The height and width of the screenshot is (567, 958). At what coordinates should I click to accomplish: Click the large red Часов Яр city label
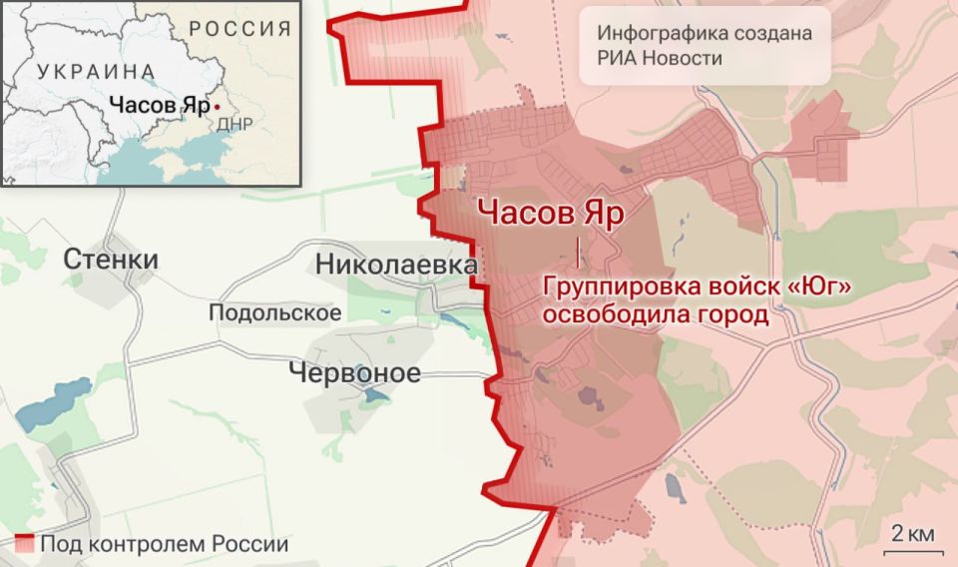[550, 213]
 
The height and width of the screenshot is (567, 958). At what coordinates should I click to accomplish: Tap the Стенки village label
[110, 261]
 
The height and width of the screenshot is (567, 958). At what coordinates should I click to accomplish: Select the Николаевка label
[396, 265]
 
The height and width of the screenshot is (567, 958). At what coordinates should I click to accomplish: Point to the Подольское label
[274, 312]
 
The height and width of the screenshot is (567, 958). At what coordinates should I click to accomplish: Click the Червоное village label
[354, 372]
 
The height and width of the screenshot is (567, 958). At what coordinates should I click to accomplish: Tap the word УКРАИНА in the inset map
[96, 71]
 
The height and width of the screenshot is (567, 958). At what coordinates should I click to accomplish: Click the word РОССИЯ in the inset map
[240, 28]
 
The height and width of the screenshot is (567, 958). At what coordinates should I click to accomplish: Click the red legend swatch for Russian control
[26, 544]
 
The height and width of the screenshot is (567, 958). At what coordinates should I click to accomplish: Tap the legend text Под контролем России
[165, 544]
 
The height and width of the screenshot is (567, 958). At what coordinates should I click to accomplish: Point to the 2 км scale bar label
[913, 532]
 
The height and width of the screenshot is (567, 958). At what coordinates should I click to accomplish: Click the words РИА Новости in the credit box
[660, 58]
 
